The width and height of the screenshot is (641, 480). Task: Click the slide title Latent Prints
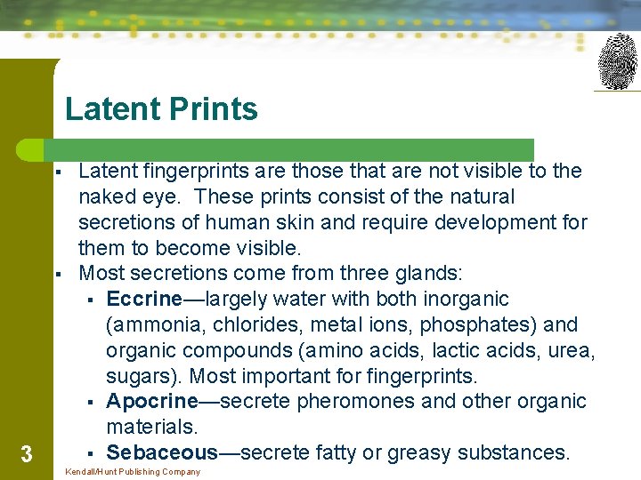[161, 109]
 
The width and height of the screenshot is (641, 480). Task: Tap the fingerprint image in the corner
[618, 61]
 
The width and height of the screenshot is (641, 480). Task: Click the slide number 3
[26, 455]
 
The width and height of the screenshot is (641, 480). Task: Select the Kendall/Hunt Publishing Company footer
[133, 472]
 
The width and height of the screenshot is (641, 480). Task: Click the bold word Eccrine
[143, 299]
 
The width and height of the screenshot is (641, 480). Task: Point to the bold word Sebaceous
[161, 452]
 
